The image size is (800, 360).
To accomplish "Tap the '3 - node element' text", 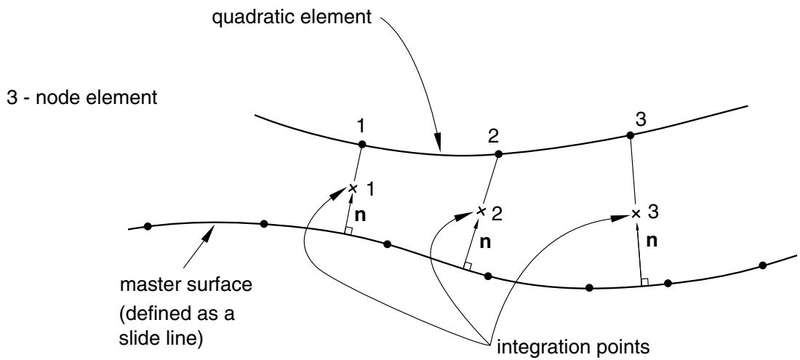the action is (x=81, y=97).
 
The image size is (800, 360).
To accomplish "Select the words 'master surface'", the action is (x=185, y=284).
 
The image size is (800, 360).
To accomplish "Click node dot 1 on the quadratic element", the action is (x=361, y=144).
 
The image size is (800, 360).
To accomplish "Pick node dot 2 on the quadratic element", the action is (x=498, y=153).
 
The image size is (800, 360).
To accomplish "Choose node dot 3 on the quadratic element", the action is (x=630, y=135).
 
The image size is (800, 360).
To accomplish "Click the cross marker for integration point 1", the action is (x=352, y=188).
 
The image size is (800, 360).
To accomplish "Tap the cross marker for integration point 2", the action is (x=480, y=210).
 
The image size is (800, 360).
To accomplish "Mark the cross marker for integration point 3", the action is (x=636, y=214).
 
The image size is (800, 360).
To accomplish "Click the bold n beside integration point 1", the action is (x=360, y=216).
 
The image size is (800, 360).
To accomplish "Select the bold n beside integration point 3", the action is (x=652, y=241).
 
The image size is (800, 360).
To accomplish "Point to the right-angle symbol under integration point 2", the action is (x=466, y=265).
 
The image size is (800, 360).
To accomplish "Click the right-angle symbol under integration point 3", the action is (x=644, y=281).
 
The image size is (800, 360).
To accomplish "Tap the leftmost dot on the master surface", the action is (x=148, y=226).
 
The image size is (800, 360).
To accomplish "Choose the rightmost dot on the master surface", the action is (x=763, y=265).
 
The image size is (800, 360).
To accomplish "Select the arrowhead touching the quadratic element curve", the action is (x=439, y=143).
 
